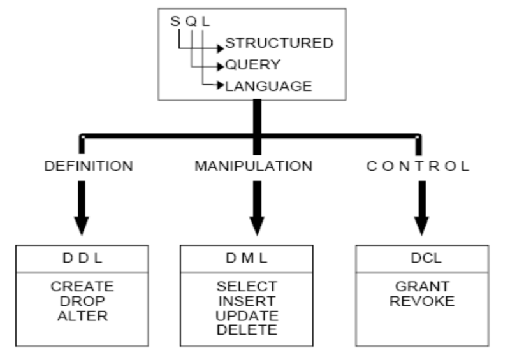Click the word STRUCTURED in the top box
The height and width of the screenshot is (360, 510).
click(x=280, y=44)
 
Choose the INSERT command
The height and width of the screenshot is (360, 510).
click(x=255, y=299)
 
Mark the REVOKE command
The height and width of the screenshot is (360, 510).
click(x=421, y=299)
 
